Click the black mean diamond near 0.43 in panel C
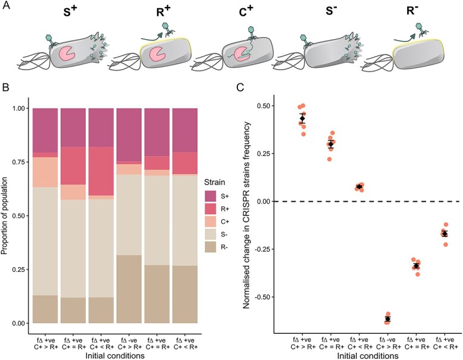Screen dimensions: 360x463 [302, 119]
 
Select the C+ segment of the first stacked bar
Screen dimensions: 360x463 [45, 172]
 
